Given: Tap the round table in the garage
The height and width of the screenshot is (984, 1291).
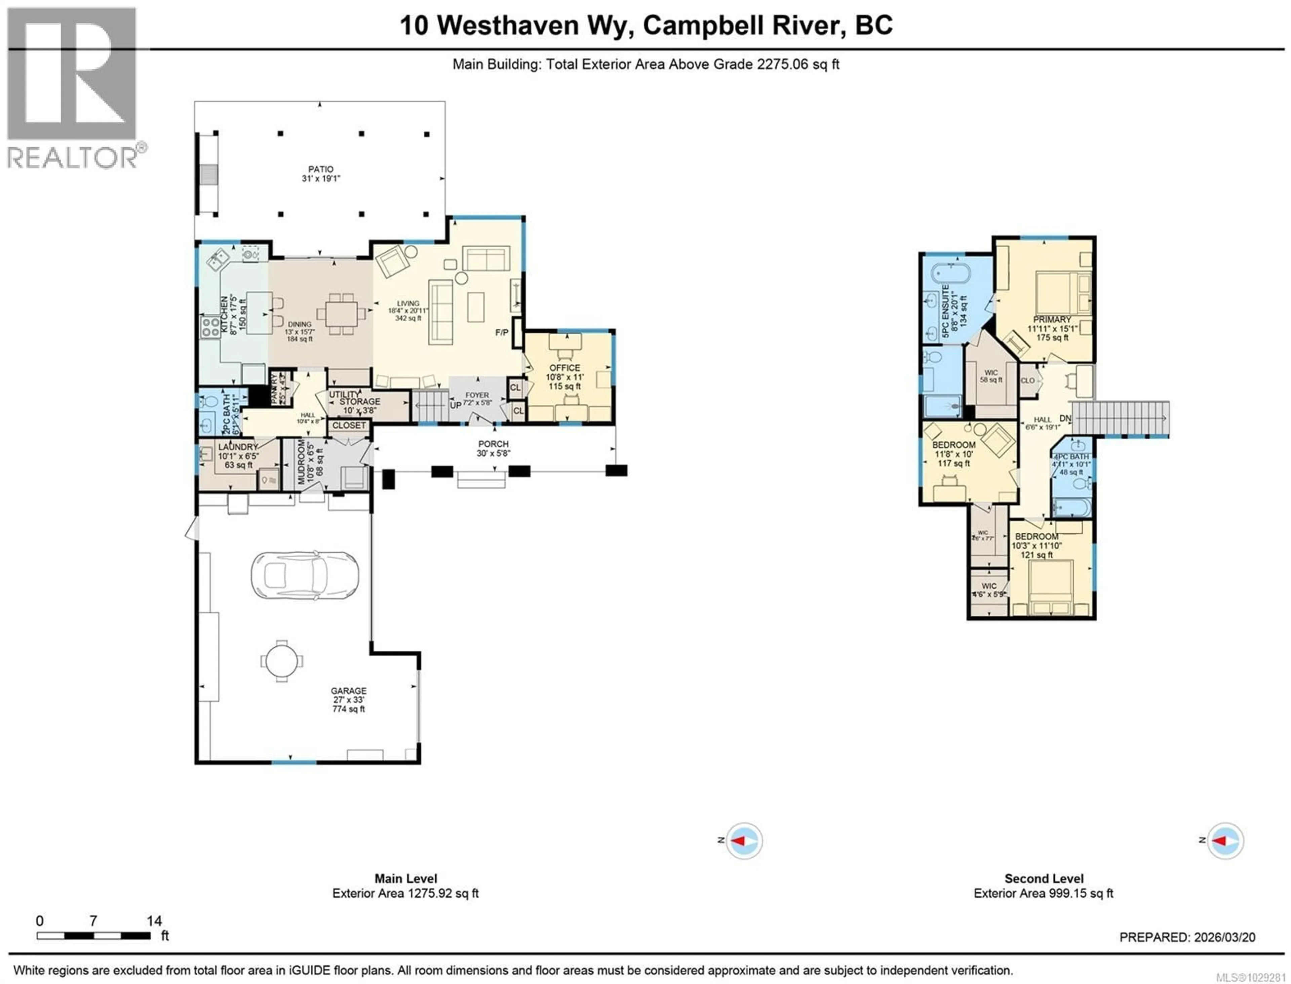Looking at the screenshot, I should (x=282, y=661).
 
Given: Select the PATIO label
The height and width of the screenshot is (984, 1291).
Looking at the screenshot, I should (x=320, y=169).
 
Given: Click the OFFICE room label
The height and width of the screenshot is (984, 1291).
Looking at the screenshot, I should (x=564, y=368).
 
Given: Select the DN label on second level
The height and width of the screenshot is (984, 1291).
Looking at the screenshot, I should (x=1065, y=418).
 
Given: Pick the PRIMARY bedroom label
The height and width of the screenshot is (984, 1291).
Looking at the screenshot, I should (x=1052, y=320).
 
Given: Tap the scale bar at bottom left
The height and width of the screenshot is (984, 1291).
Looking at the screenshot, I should (x=94, y=935).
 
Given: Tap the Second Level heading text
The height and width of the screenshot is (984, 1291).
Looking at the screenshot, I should (x=1044, y=878).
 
